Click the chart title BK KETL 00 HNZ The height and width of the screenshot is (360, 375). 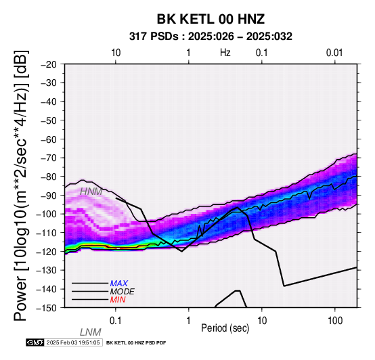click(211, 19)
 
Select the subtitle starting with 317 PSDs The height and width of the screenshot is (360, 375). click(211, 37)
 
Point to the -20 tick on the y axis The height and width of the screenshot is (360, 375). click(49, 64)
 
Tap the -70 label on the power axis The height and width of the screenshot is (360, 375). click(49, 158)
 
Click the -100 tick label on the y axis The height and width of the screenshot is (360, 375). click(47, 214)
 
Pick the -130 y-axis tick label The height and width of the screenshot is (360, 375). click(47, 270)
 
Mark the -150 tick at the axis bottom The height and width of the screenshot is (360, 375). click(47, 308)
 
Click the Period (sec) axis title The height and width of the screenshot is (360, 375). click(225, 328)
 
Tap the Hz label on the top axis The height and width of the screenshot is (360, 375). click(225, 53)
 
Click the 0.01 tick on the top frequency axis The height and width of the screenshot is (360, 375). click(334, 53)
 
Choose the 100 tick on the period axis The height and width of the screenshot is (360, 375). click(335, 321)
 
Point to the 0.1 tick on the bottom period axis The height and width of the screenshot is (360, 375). click(116, 321)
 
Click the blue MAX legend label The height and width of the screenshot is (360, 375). click(119, 284)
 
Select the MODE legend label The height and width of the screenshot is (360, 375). click(123, 292)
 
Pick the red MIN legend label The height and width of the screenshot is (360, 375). click(118, 300)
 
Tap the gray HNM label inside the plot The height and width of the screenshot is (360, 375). click(91, 192)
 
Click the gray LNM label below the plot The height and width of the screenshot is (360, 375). click(91, 332)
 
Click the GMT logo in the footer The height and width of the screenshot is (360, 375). click(35, 342)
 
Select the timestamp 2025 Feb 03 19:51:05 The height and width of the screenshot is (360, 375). click(73, 342)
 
